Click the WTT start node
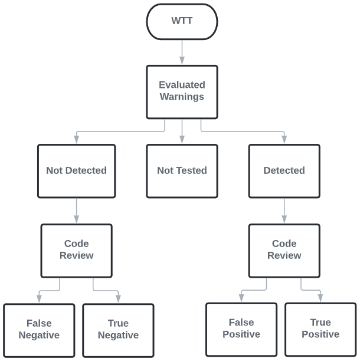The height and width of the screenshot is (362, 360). pyautogui.click(x=182, y=21)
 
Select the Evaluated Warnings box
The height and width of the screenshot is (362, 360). pyautogui.click(x=182, y=91)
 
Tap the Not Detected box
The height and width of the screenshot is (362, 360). pyautogui.click(x=76, y=170)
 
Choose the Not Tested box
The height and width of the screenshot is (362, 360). pyautogui.click(x=182, y=170)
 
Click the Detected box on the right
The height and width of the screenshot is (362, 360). pyautogui.click(x=284, y=170)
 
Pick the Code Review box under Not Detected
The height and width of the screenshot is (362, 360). pyautogui.click(x=76, y=249)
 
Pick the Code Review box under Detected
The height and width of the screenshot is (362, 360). pyautogui.click(x=284, y=249)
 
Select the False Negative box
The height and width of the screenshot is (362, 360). pyautogui.click(x=39, y=330)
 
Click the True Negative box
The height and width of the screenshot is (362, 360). pyautogui.click(x=118, y=330)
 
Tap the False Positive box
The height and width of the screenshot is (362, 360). pyautogui.click(x=241, y=329)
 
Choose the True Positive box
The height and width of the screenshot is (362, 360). pyautogui.click(x=320, y=329)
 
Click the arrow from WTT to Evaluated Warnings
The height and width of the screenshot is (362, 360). pyautogui.click(x=182, y=52)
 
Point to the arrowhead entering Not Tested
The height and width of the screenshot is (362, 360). pyautogui.click(x=182, y=139)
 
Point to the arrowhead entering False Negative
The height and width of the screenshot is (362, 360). pyautogui.click(x=39, y=299)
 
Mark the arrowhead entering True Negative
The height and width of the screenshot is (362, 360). pyautogui.click(x=118, y=299)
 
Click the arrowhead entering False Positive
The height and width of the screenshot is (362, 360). pyautogui.click(x=241, y=298)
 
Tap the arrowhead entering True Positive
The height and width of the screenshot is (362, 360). pyautogui.click(x=320, y=298)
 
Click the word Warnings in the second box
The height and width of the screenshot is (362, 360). pyautogui.click(x=182, y=97)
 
